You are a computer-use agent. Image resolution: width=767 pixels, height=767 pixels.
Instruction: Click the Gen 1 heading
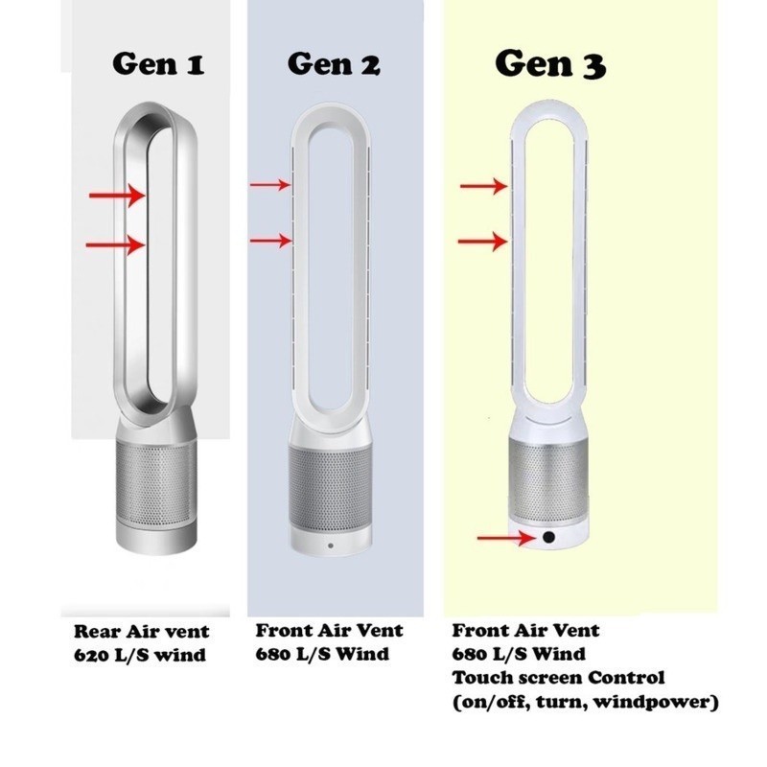158,63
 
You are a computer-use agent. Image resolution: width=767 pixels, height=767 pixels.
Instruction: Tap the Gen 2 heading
334,63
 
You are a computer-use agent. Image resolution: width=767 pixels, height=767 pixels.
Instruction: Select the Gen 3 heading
550,63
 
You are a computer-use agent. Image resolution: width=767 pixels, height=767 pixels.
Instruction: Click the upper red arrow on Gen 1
117,196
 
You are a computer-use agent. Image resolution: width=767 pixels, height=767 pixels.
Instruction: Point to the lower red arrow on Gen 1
115,244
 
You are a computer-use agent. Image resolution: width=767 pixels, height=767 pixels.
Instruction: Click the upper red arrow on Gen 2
270,185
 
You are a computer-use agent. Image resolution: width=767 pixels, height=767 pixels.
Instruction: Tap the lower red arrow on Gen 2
270,241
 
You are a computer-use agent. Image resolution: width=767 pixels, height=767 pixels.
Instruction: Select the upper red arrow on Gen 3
484,186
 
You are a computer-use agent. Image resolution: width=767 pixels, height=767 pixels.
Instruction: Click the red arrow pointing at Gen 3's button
507,538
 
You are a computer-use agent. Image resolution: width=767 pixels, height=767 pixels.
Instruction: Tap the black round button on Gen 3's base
548,537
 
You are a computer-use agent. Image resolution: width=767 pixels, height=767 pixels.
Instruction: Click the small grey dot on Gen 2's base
331,546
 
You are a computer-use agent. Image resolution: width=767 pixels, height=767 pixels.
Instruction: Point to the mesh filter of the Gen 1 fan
156,482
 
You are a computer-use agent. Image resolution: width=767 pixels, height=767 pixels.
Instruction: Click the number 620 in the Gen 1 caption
91,655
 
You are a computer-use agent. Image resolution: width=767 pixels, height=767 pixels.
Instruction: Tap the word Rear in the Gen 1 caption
98,632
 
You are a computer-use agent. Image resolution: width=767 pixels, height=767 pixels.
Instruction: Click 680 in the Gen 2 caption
273,654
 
